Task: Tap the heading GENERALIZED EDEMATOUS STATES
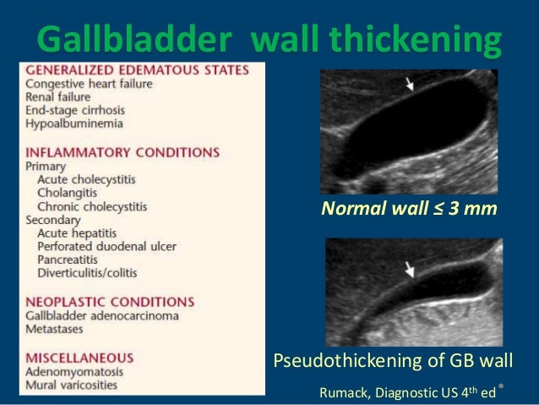tap(137, 70)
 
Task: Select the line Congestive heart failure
tap(88, 84)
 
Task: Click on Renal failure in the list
tap(58, 97)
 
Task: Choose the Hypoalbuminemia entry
tap(74, 123)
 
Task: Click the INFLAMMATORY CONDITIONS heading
tap(122, 152)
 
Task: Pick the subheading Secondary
tap(52, 219)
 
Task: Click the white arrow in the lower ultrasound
tap(410, 270)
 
